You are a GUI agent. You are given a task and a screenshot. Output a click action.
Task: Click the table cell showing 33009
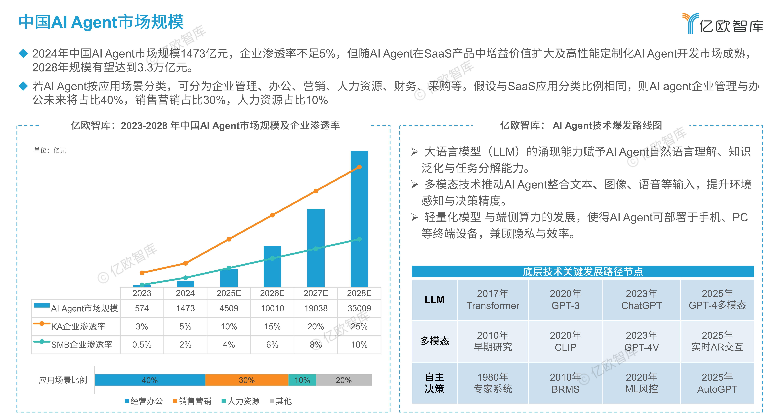point(359,308)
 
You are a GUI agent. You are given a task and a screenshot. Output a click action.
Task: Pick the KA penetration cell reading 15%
point(272,326)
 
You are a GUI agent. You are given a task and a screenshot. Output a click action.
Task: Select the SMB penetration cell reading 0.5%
point(142,345)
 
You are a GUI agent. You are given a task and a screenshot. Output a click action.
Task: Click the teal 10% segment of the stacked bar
point(302,380)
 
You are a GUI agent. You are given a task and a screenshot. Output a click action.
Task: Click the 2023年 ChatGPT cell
point(641,299)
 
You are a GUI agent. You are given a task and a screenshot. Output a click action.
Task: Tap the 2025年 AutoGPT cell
point(717,383)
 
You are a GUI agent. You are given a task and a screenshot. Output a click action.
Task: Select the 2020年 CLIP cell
point(565,341)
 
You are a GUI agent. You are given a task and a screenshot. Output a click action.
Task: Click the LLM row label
point(434,299)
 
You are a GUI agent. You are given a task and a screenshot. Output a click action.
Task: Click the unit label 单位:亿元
point(50,150)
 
